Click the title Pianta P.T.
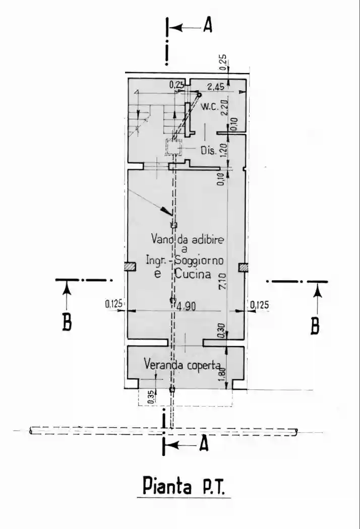(x=184, y=487)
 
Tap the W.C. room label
(x=211, y=107)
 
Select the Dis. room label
(x=208, y=151)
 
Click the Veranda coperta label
(x=183, y=365)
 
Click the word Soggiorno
(x=199, y=260)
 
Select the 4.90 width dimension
(x=186, y=307)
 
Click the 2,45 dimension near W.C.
(x=215, y=87)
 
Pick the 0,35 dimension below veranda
(x=152, y=397)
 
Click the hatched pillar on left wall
(x=130, y=267)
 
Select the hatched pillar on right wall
(x=243, y=268)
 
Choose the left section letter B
(x=67, y=322)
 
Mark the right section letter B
(x=315, y=325)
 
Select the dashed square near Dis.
(x=173, y=147)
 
